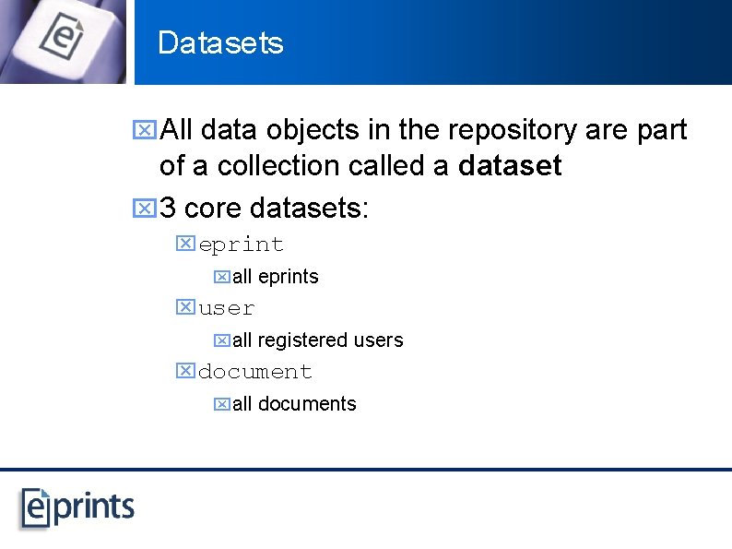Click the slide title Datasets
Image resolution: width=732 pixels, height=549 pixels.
tap(220, 43)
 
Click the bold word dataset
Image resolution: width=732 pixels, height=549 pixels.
tap(510, 166)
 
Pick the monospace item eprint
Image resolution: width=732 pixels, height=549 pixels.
tap(241, 245)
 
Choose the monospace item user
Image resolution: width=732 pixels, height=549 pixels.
tap(226, 308)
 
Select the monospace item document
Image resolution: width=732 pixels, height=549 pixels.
tap(255, 372)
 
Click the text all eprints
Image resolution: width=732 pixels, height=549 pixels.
tap(275, 277)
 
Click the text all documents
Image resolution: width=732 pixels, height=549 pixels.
tap(293, 404)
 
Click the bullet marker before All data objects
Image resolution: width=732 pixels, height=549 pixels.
tap(143, 131)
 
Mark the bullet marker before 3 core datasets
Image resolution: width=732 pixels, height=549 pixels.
tap(143, 208)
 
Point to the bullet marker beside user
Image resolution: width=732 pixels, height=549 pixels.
tap(185, 307)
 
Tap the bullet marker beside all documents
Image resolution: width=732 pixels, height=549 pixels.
tap(221, 404)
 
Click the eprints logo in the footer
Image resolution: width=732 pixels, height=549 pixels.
tap(78, 507)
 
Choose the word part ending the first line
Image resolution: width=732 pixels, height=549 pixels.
tap(661, 131)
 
